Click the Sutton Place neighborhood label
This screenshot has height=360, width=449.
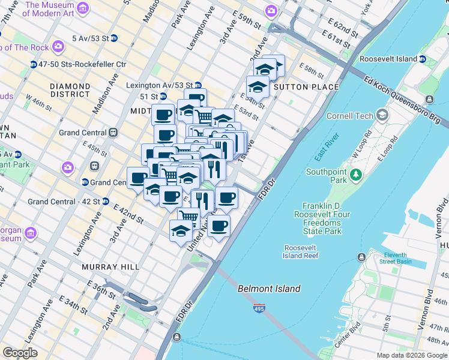pos(306,87)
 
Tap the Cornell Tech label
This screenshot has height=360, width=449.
pos(349,116)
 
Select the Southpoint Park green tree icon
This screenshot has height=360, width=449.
pos(357,175)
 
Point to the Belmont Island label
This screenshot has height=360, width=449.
pos(270,289)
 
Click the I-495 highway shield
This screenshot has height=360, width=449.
pos(259,307)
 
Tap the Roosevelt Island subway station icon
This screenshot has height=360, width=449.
pos(423,59)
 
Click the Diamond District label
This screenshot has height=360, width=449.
pos(70,90)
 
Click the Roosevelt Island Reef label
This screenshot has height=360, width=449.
pos(301,251)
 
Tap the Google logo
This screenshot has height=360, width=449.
pos(20,353)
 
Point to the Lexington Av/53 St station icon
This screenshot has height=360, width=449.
pos(197,85)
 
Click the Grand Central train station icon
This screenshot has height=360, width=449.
pos(113,133)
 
